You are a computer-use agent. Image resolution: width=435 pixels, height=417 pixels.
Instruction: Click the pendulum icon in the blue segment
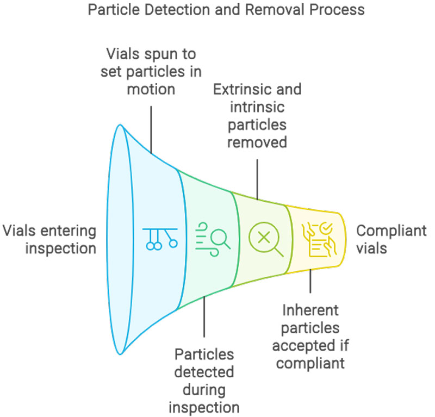[160, 238]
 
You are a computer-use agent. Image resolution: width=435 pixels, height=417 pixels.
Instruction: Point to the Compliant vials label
[391, 239]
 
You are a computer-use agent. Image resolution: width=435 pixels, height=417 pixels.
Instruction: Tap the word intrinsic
[257, 107]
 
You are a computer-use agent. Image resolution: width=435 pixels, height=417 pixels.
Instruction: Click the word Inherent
[310, 310]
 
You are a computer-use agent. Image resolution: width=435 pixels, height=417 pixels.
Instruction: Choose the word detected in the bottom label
[204, 372]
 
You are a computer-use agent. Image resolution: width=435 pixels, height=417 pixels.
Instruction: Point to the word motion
[151, 89]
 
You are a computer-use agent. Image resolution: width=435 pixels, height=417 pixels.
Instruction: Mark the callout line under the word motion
[151, 127]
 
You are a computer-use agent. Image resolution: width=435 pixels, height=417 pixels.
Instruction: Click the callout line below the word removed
[257, 174]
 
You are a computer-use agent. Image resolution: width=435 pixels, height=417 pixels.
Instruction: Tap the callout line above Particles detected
[204, 318]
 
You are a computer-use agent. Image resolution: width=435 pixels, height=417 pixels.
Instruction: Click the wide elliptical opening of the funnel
[120, 239]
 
